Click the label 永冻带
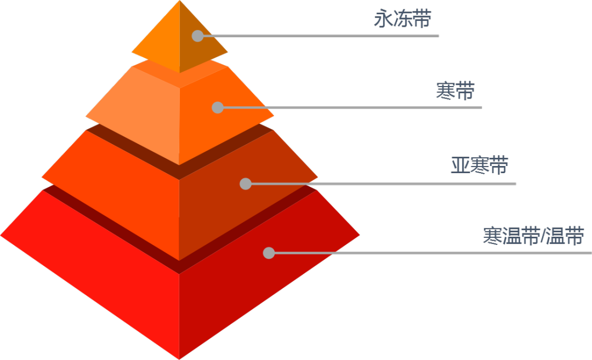click(x=402, y=19)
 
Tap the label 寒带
click(x=455, y=90)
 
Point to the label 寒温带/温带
click(x=533, y=236)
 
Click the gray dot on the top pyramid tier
click(x=197, y=36)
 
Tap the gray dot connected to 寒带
click(x=218, y=107)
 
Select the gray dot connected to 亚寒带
click(x=246, y=184)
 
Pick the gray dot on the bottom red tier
click(x=269, y=253)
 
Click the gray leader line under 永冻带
click(x=329, y=36)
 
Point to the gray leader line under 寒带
click(x=356, y=107)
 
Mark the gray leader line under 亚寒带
click(x=384, y=184)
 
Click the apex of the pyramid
click(x=179, y=2)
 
